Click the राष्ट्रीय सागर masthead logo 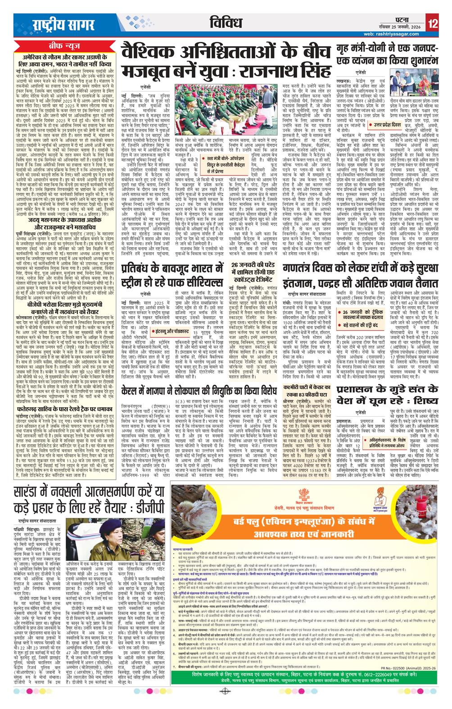(x=63, y=24)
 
